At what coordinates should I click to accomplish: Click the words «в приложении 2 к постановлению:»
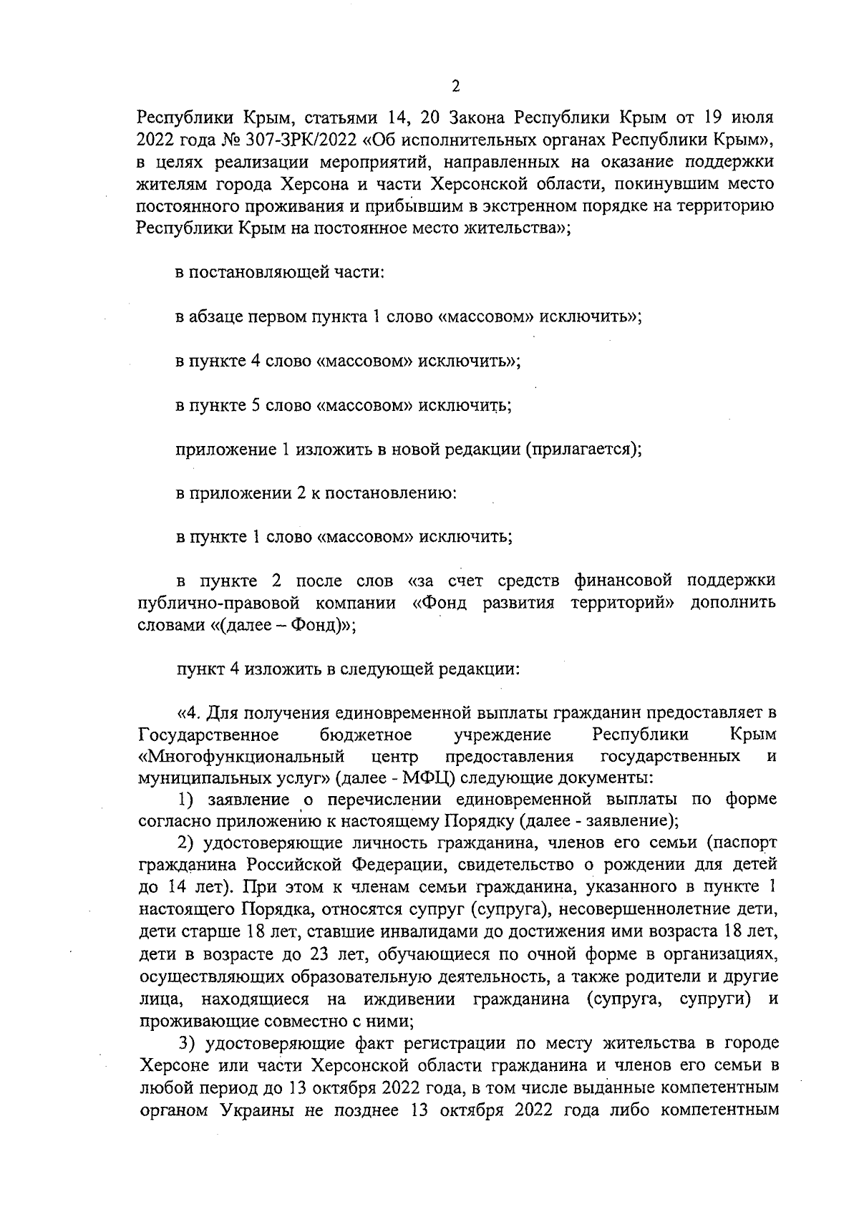click(x=316, y=493)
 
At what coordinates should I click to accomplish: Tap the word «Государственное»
click(x=208, y=735)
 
